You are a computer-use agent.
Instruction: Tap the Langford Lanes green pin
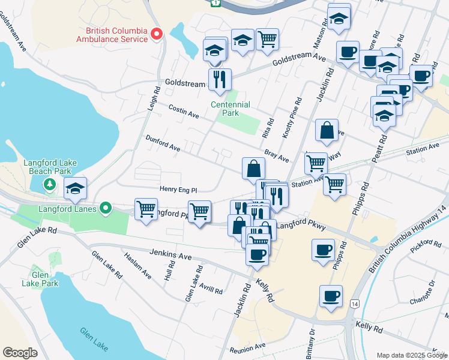coord(106,208)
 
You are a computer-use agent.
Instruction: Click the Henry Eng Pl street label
coord(178,190)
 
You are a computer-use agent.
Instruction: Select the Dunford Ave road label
coord(163,143)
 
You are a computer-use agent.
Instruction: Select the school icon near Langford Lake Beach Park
coord(75,189)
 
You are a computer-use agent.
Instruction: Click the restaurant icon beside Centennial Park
coord(220,80)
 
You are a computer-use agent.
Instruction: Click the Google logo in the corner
coord(20,353)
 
